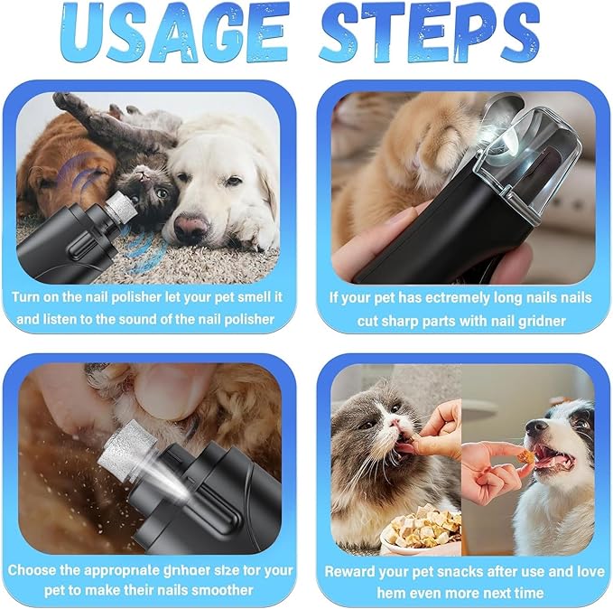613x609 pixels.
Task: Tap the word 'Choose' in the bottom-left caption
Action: (x=37, y=571)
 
